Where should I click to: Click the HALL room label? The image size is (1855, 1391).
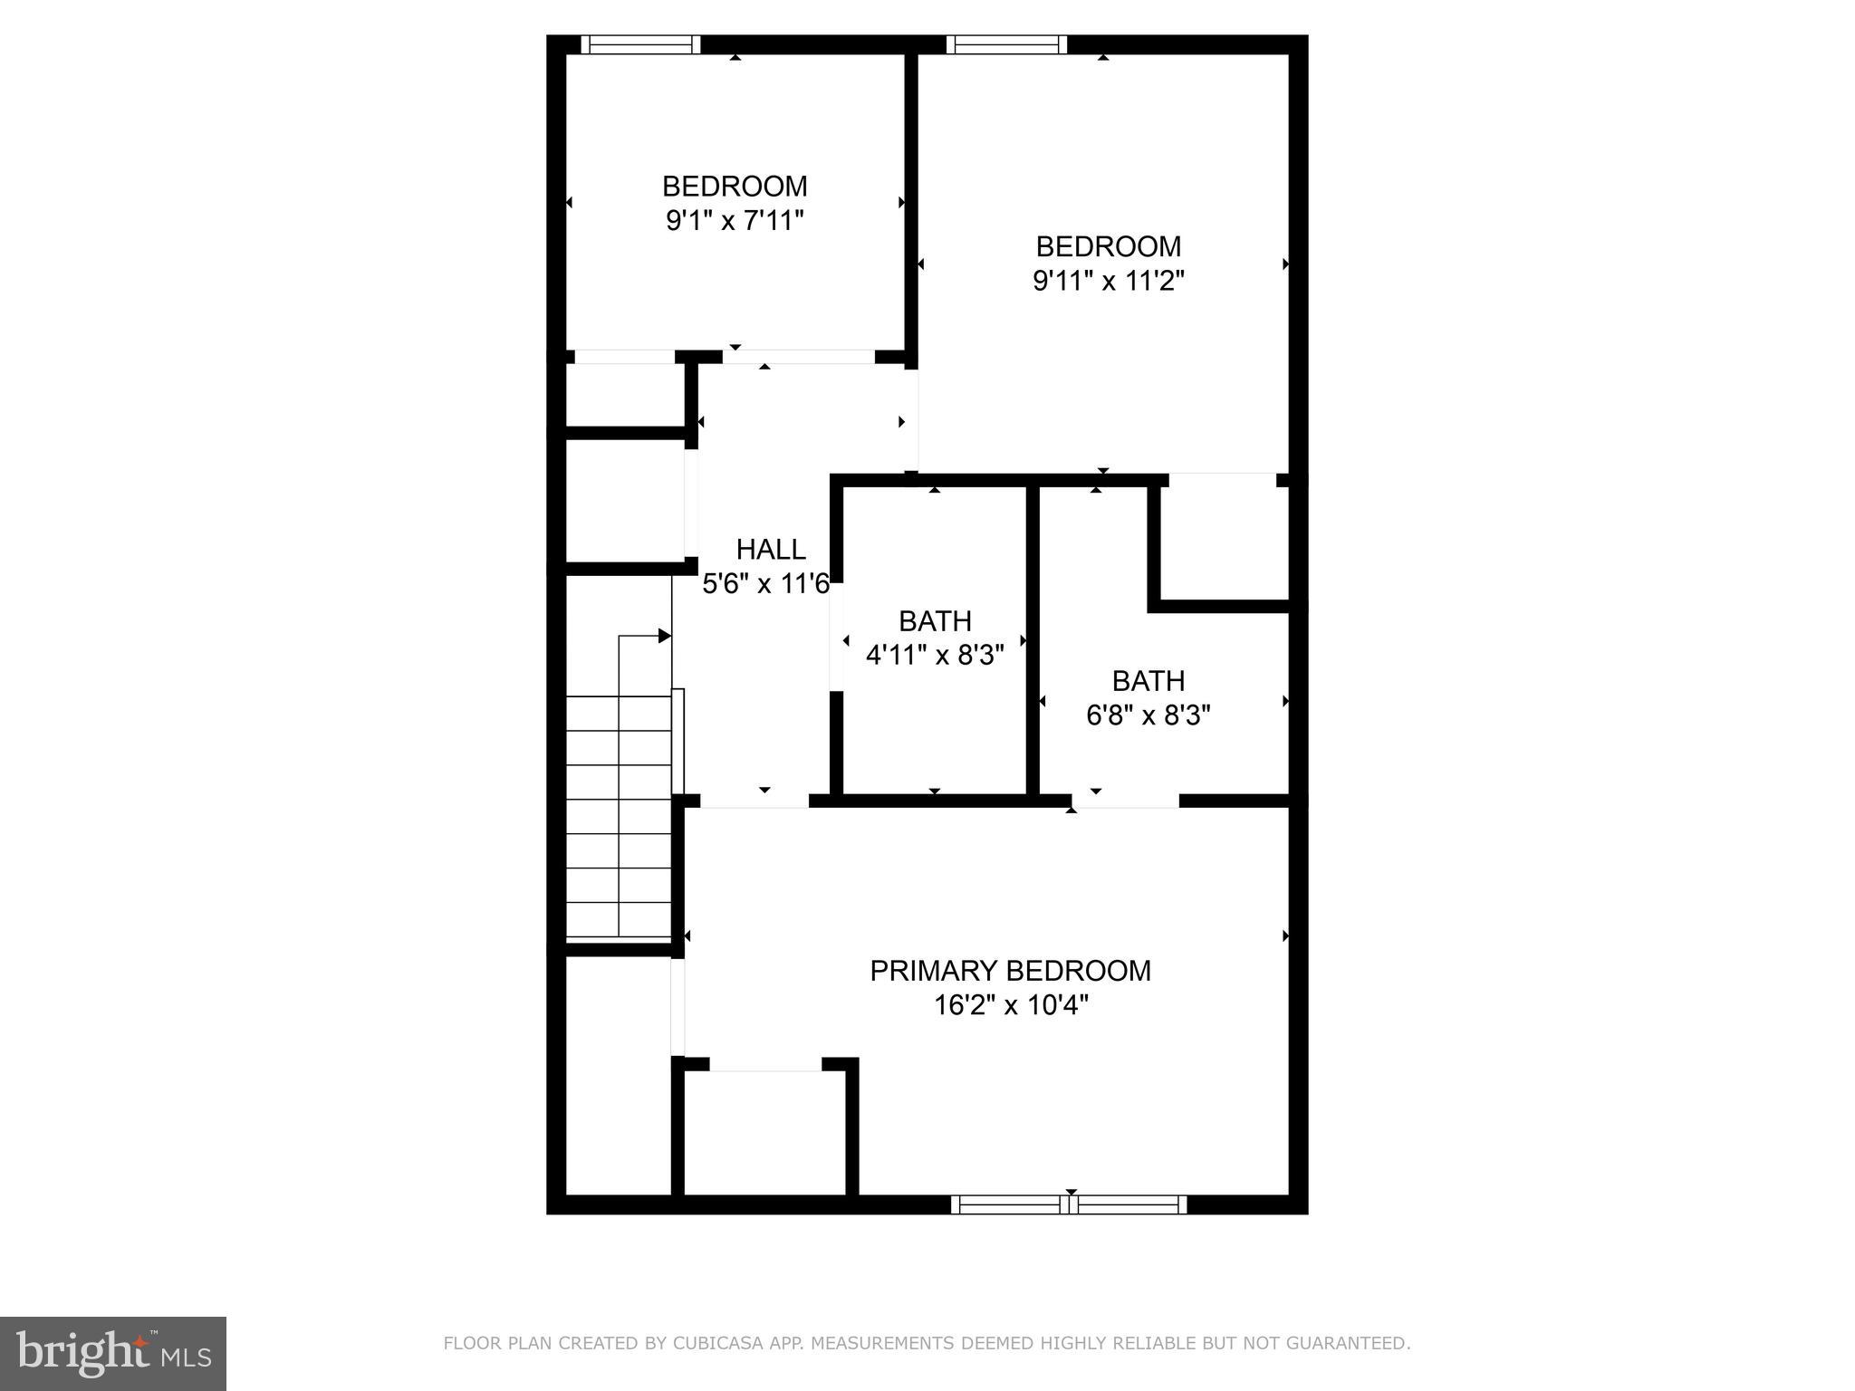(x=771, y=550)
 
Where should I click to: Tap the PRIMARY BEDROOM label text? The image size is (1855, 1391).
(x=1010, y=971)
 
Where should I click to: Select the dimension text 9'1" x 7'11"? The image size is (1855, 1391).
(x=735, y=221)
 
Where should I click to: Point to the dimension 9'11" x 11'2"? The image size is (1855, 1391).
(x=1109, y=281)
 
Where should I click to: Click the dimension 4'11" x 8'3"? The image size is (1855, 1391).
(x=935, y=656)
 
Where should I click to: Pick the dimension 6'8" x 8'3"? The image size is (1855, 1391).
(x=1149, y=716)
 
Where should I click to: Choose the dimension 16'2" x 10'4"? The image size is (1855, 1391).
(x=1011, y=1005)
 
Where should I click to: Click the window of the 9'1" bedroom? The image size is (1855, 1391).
(x=640, y=44)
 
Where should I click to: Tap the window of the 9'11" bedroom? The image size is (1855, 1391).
(x=1006, y=44)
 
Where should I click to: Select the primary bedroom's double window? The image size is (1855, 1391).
(x=1069, y=1204)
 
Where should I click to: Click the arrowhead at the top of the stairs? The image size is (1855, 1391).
(x=665, y=637)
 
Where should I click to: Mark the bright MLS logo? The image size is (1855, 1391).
(x=113, y=1353)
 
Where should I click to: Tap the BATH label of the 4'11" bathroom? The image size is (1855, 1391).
(x=935, y=621)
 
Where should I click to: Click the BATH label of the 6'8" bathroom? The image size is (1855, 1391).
(x=1149, y=681)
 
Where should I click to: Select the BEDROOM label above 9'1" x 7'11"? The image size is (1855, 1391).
(x=735, y=187)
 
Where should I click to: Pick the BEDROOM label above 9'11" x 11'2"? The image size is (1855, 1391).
(x=1109, y=246)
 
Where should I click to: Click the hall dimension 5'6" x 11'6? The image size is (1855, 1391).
(x=766, y=584)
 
